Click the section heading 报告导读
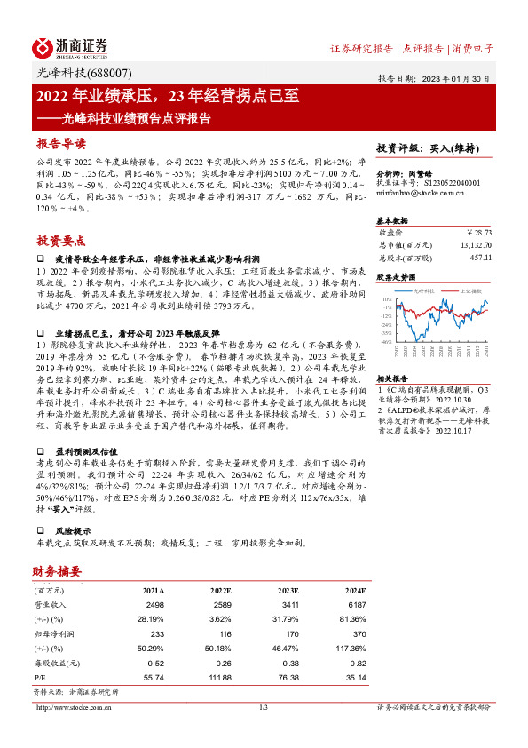click(x=61, y=143)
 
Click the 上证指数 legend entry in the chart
click(x=468, y=290)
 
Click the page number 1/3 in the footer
click(x=263, y=707)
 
